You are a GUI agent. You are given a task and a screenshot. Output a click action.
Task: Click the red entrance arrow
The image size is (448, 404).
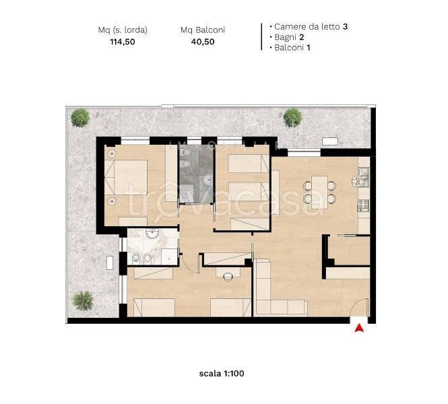[x=359, y=328]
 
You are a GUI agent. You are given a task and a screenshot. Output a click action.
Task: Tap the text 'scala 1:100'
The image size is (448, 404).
[x=222, y=374]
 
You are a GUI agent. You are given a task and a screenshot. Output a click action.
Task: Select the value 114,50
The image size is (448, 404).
[x=123, y=42]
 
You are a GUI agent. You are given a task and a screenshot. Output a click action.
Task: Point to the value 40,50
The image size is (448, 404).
[x=203, y=42]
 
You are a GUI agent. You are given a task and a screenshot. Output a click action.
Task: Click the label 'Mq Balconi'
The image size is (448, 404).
[x=203, y=30]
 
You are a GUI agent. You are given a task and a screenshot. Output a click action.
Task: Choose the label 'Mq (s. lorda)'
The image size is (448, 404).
[x=123, y=30]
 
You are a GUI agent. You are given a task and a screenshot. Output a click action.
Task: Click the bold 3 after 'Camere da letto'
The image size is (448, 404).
[x=345, y=26]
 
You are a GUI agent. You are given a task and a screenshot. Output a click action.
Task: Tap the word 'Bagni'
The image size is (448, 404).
[x=285, y=37]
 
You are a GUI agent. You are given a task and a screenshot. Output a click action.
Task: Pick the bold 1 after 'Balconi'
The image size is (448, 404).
[x=309, y=47]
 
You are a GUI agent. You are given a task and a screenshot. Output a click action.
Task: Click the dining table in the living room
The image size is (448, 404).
[x=319, y=192]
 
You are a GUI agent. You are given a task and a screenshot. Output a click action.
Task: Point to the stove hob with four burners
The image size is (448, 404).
[x=364, y=205]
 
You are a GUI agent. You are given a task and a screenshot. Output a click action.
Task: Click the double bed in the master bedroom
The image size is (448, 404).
[x=126, y=177]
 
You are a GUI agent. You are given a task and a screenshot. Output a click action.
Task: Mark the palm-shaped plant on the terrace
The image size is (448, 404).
[x=83, y=301]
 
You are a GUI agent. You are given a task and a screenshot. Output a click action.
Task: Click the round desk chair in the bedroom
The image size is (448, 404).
[x=228, y=277]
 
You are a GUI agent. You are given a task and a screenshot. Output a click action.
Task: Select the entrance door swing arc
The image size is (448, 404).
[x=356, y=306]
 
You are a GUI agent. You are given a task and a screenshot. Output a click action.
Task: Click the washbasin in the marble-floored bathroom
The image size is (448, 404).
[x=152, y=233]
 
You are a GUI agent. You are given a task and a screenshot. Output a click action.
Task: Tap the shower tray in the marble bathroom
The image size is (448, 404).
[x=169, y=257]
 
